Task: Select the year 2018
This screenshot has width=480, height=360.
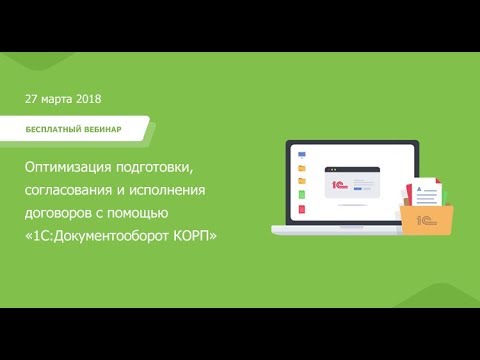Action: point(88,99)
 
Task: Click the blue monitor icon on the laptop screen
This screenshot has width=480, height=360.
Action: point(300,155)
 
